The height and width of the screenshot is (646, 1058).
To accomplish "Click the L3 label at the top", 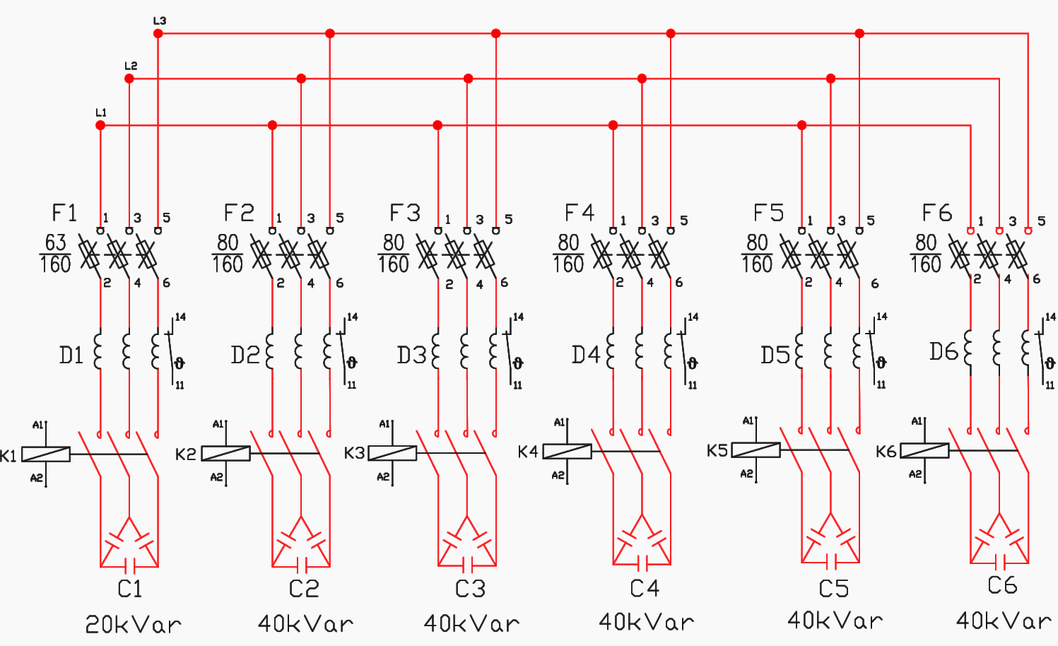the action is (x=160, y=20).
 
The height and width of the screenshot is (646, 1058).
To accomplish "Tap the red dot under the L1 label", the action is (x=100, y=125).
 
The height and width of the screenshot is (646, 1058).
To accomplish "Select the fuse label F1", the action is (x=64, y=213).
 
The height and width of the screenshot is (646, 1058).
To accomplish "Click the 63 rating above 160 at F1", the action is (x=55, y=242).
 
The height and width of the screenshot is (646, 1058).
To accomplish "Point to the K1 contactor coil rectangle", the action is (x=46, y=454).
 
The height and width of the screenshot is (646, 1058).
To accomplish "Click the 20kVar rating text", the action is (x=134, y=625).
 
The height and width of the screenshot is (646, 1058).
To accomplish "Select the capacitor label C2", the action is (x=304, y=589).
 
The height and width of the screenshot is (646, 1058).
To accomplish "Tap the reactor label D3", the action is (x=412, y=355).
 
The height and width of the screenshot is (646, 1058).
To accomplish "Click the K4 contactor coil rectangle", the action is (x=568, y=452).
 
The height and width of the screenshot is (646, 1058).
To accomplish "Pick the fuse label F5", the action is (x=768, y=213).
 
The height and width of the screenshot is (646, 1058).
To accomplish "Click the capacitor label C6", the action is (x=1002, y=585).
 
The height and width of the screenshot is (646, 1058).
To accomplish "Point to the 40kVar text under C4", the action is (x=647, y=622).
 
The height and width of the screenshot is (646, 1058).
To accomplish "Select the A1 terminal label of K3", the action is (x=384, y=424).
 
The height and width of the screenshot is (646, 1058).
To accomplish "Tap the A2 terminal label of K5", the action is (x=746, y=474).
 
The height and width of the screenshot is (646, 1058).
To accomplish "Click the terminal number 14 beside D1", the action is (x=180, y=317).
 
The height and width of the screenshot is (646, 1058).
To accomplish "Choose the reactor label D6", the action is (x=944, y=352).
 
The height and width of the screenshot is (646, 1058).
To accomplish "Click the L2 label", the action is (x=131, y=66).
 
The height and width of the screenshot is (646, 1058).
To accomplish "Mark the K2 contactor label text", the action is (x=186, y=454).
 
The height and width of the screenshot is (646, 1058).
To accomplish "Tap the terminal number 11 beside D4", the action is (x=693, y=385).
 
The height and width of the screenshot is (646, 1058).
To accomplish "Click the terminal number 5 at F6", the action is (x=1042, y=221).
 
